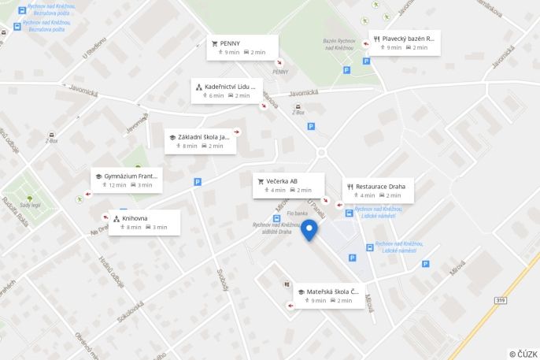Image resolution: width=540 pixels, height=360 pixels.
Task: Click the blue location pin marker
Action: point(310,229)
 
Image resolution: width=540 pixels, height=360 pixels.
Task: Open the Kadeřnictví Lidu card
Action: point(227,91)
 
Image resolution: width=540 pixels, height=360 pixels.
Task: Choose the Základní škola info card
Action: point(200,141)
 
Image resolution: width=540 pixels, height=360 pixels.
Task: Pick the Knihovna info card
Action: point(144,222)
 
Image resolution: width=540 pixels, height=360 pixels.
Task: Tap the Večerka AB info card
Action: point(288,185)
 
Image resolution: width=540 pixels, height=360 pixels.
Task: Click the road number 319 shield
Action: point(501,300)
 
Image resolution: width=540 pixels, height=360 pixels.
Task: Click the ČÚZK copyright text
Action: point(523,354)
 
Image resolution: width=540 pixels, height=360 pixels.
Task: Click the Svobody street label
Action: point(222,279)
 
